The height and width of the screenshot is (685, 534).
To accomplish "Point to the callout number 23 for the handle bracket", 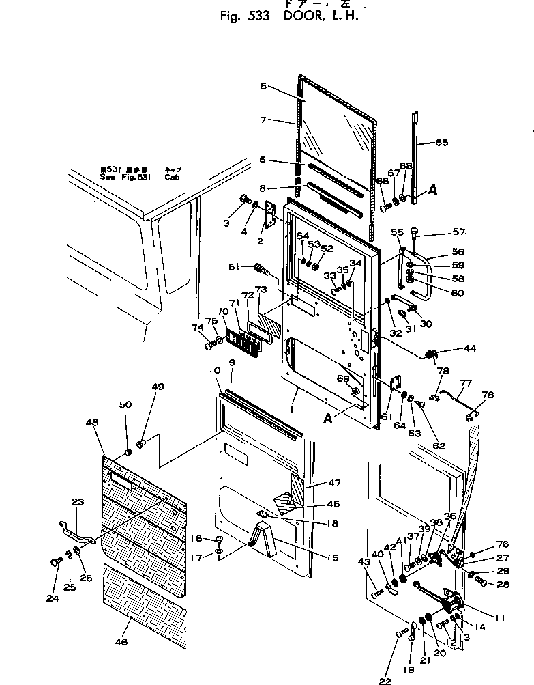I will pos(77,502).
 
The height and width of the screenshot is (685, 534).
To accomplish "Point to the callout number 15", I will pos(331,558).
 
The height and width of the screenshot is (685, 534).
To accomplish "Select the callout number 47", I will pos(332,483).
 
